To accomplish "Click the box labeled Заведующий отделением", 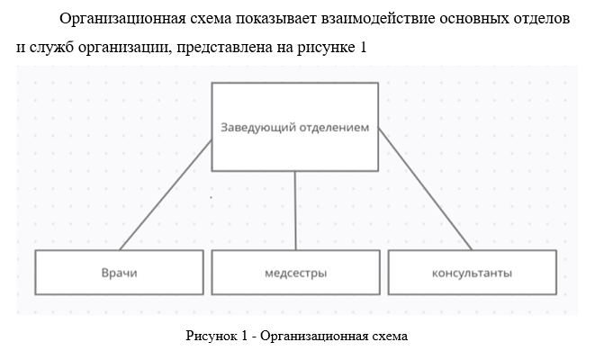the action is click(x=295, y=127).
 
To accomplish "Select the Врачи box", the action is click(x=119, y=273).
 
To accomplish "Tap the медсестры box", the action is click(x=295, y=273).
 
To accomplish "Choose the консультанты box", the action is click(x=472, y=273).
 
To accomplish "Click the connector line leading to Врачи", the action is click(x=166, y=195).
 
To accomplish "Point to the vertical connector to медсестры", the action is click(x=295, y=211).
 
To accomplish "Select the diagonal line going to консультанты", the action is click(x=426, y=189).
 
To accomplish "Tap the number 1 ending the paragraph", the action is click(x=363, y=47).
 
